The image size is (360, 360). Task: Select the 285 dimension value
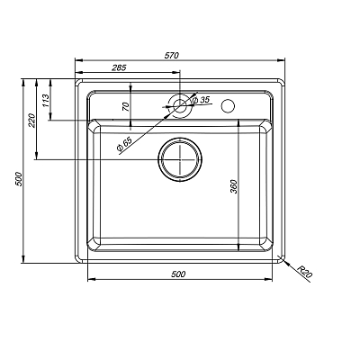click(x=118, y=67)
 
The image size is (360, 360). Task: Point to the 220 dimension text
click(x=31, y=119)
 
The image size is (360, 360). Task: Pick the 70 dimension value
click(x=127, y=106)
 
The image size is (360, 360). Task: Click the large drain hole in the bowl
click(x=181, y=161)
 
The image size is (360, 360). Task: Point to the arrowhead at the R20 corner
click(x=283, y=260)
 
